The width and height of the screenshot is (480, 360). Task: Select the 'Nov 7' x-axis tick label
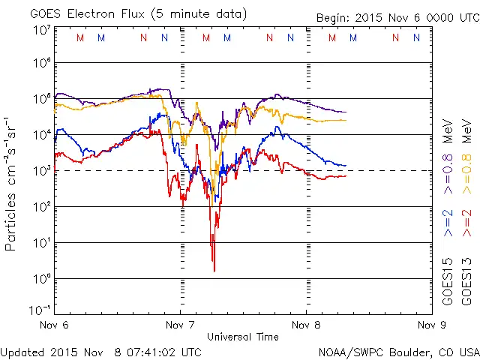tap(179, 325)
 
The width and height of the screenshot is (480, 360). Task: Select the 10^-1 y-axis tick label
tap(39, 310)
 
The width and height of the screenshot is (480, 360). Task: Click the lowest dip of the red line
tap(214, 271)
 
